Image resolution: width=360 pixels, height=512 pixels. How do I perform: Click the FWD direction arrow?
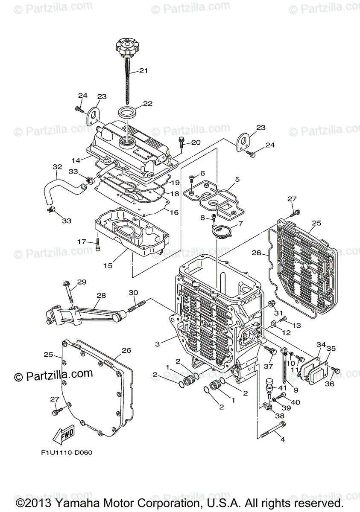pos(63,435)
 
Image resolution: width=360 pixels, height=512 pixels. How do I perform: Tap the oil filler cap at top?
pos(128,46)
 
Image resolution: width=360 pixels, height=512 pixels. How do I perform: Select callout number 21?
pos(143,71)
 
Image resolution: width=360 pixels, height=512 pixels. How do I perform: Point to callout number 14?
pos(76,160)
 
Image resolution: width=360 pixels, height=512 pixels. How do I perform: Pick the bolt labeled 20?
pos(181,140)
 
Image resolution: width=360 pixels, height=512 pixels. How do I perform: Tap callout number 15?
pos(108,265)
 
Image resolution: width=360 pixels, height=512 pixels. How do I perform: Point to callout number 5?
pos(237,179)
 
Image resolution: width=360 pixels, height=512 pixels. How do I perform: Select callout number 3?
pos(158,344)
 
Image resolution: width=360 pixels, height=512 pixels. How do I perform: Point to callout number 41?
pos(282,388)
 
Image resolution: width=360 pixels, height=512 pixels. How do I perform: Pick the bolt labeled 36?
pos(336,371)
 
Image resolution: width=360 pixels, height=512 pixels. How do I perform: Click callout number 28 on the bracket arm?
pos(101,296)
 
